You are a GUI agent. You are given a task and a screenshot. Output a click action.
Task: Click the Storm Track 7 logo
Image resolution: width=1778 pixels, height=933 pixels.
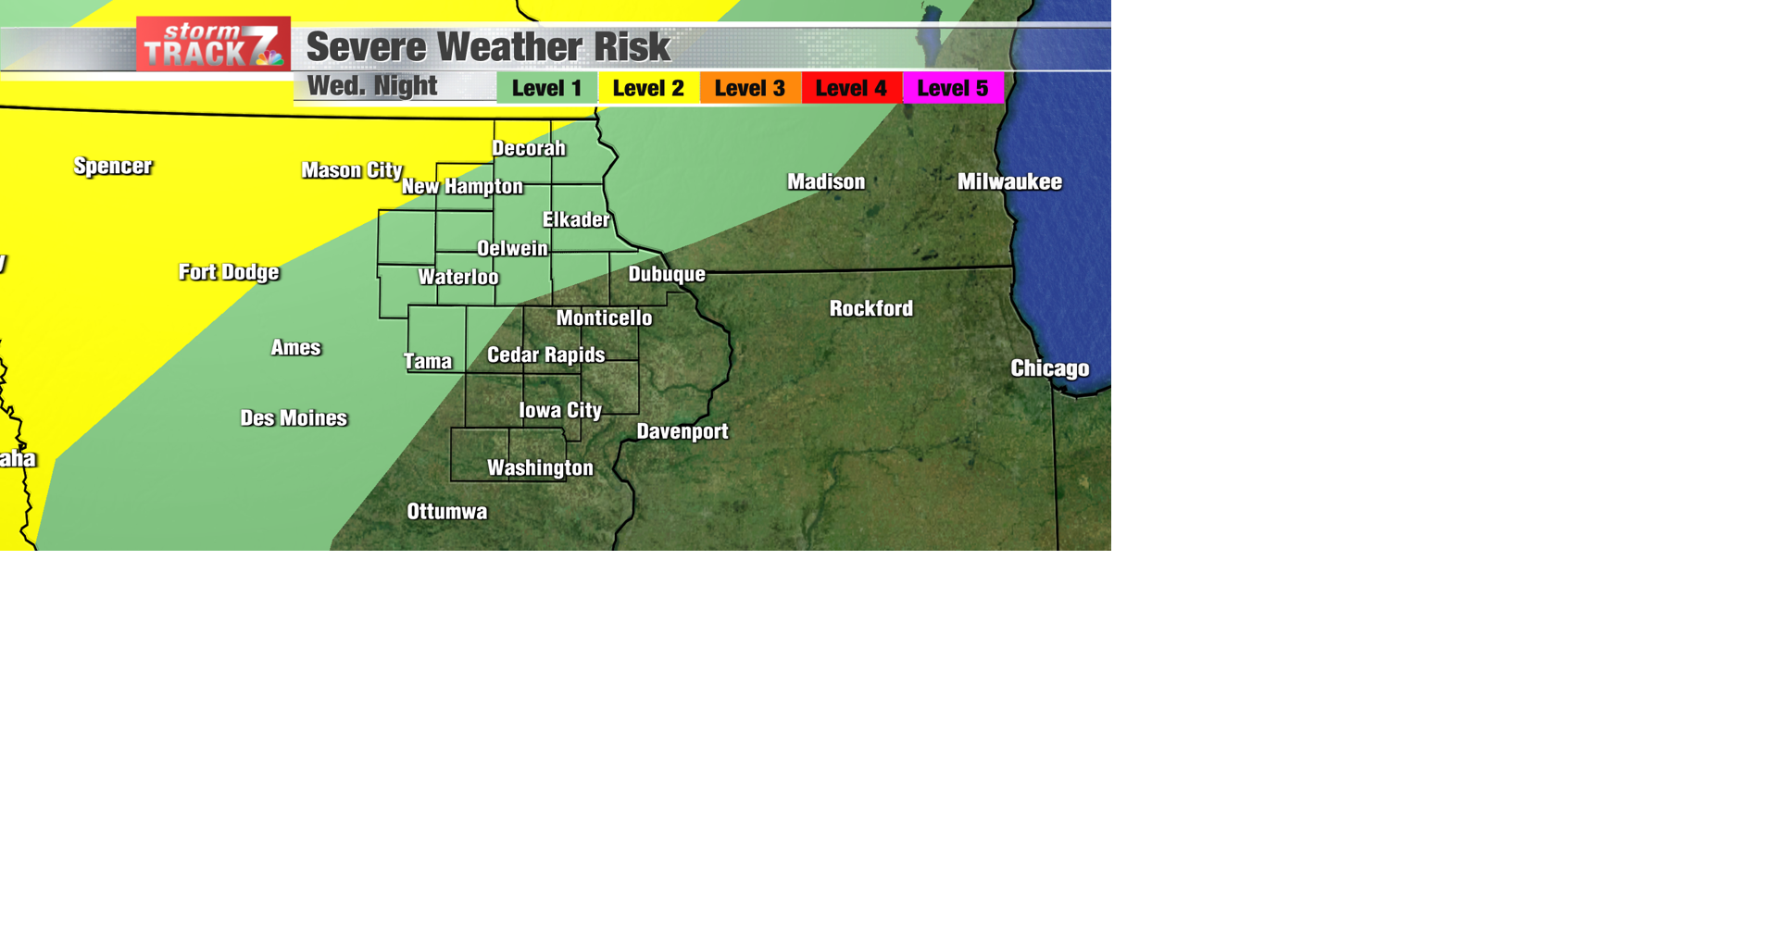coord(213,44)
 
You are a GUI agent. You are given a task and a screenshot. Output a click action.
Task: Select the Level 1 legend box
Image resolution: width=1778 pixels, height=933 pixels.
coord(546,88)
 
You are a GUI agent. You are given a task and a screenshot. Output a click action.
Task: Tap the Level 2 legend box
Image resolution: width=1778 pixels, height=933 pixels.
coord(648,88)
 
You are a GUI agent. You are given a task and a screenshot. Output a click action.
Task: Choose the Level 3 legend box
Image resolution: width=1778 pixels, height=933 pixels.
coord(750,88)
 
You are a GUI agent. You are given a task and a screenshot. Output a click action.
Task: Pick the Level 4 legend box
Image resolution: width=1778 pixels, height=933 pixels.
coord(851,88)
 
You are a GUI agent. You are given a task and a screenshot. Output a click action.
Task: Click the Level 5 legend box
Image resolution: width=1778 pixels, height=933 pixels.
coord(953,88)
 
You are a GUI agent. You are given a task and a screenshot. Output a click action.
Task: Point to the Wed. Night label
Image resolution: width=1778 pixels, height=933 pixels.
coord(372,86)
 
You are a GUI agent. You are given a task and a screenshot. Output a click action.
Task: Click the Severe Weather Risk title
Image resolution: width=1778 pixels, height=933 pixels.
coord(488,47)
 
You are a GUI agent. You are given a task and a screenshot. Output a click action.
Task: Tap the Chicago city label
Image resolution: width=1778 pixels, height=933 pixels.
coord(1049,368)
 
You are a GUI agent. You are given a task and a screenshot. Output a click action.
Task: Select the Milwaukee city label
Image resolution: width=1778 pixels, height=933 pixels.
coord(1009,181)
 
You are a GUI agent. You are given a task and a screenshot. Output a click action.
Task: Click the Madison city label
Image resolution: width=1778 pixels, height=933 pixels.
coord(826,181)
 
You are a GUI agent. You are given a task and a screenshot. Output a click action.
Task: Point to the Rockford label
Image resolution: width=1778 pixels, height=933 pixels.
coord(870,308)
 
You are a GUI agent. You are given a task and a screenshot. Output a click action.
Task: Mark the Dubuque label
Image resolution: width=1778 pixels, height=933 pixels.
coord(667,274)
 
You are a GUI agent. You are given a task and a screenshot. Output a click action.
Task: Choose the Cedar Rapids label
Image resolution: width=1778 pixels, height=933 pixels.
coord(545,355)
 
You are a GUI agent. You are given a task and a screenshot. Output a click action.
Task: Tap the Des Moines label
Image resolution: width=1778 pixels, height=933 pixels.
coord(294,418)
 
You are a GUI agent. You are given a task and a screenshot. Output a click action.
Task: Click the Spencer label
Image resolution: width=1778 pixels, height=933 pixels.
coord(113,166)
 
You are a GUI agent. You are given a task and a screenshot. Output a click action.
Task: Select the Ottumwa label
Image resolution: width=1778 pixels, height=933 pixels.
coord(446,512)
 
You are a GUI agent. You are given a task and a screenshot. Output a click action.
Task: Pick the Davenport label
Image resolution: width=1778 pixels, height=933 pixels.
coord(682,431)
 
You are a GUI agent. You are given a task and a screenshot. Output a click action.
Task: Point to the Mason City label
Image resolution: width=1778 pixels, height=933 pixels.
coord(352,170)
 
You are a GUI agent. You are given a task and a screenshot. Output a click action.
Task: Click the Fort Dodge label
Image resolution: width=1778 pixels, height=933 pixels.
coord(229,272)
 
